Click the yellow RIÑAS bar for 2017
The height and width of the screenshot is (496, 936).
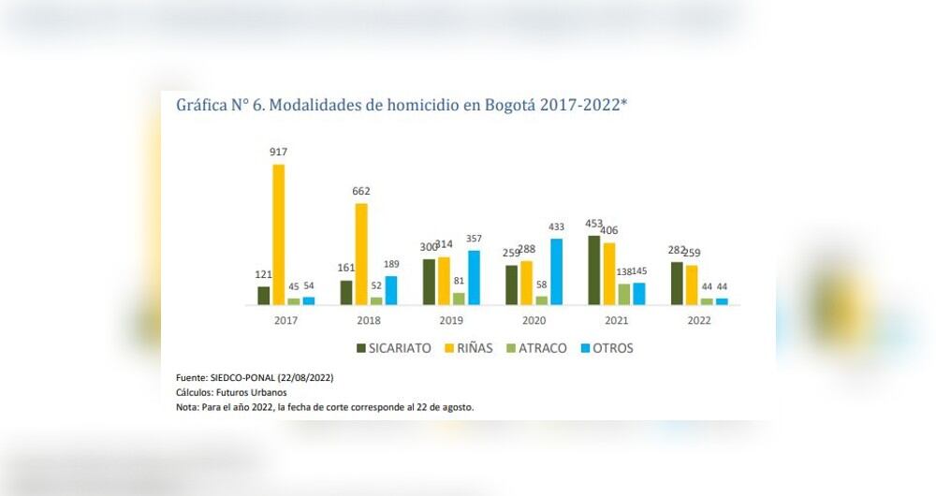pyautogui.click(x=278, y=235)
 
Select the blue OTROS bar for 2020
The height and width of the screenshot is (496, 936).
pyautogui.click(x=556, y=271)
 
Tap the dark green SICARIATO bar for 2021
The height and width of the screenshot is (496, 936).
pyautogui.click(x=593, y=270)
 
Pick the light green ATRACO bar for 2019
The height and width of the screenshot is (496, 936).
pyautogui.click(x=459, y=299)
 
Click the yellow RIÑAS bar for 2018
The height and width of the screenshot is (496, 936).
pyautogui.click(x=360, y=254)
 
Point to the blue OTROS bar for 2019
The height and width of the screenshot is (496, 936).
pyautogui.click(x=474, y=277)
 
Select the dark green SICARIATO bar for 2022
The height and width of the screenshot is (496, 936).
pyautogui.click(x=676, y=283)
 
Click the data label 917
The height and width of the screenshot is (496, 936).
pyautogui.click(x=278, y=152)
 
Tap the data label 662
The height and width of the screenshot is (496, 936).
pyautogui.click(x=360, y=191)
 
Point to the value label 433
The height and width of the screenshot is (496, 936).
pyautogui.click(x=556, y=226)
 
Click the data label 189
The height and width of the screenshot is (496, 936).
pyautogui.click(x=391, y=264)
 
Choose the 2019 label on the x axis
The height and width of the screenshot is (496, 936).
pyautogui.click(x=451, y=320)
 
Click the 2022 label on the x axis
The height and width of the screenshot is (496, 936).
pyautogui.click(x=698, y=320)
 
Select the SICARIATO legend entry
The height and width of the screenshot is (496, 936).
pyautogui.click(x=393, y=348)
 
